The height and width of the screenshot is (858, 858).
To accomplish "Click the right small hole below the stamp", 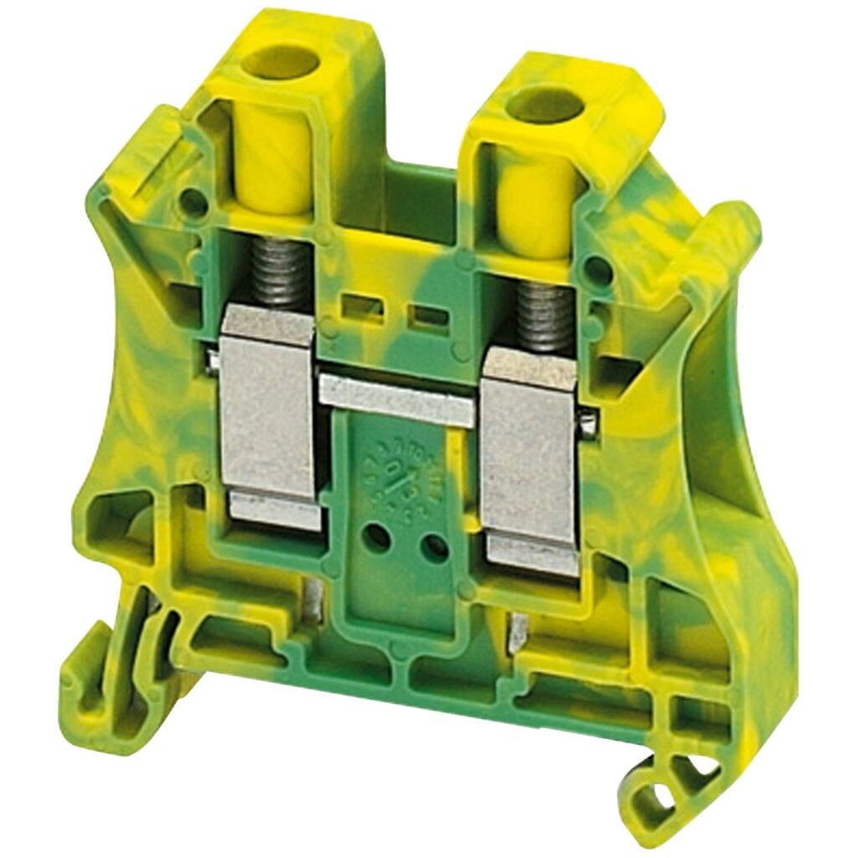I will [x=434, y=548].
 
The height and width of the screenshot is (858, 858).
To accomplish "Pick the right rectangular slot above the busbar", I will [x=426, y=316].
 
